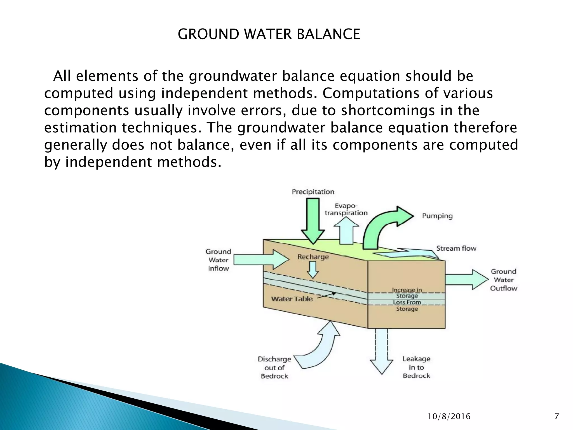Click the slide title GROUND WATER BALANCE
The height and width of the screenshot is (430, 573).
(x=269, y=34)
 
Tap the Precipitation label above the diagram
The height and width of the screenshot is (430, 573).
(x=313, y=192)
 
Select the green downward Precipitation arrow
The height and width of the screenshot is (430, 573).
(x=313, y=221)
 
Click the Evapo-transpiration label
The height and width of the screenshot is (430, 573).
(x=346, y=209)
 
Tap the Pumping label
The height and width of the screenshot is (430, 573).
(x=437, y=216)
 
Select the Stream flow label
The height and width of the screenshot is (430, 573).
(x=456, y=248)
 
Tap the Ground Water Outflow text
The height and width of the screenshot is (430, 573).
(x=504, y=280)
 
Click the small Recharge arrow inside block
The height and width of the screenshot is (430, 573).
(x=313, y=270)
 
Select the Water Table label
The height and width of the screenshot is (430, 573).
(x=292, y=299)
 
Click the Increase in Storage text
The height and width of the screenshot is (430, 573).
(x=407, y=293)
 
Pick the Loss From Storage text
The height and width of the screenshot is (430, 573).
(x=407, y=305)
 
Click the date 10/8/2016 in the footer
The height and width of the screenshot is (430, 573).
(x=449, y=417)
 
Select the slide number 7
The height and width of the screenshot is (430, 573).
(x=556, y=416)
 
